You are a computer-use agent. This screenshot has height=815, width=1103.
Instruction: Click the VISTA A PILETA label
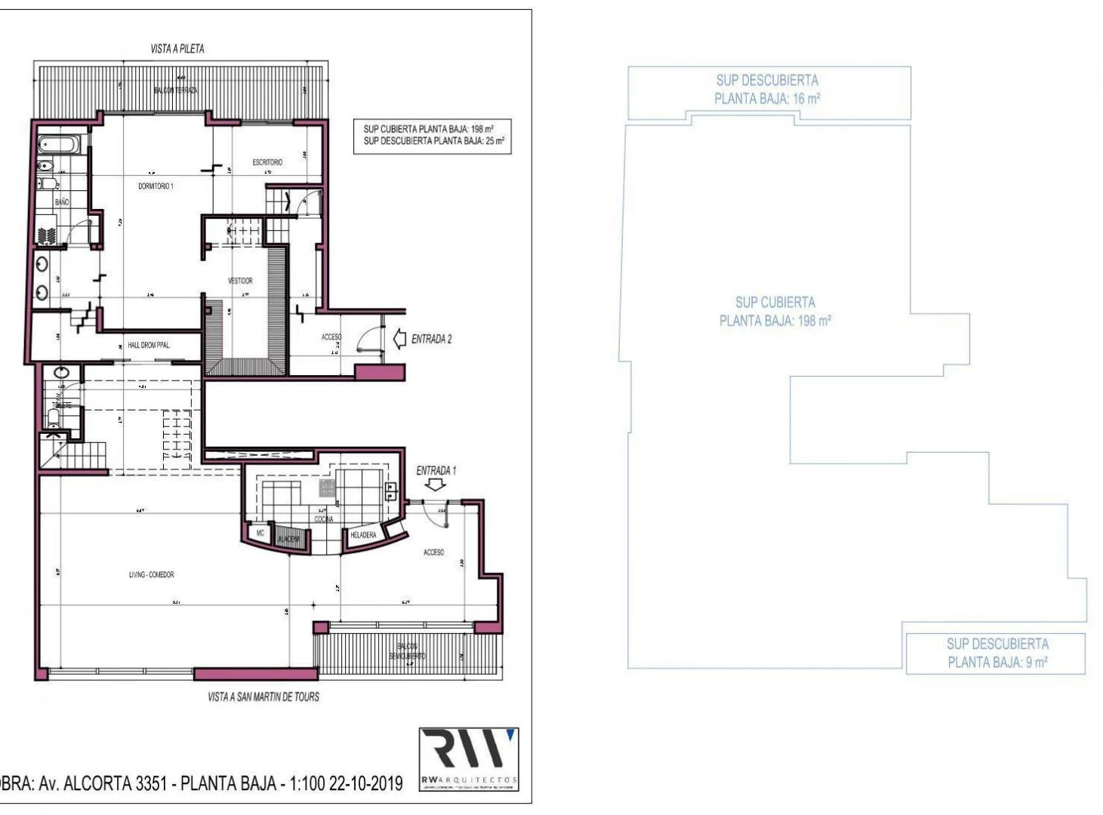(177, 48)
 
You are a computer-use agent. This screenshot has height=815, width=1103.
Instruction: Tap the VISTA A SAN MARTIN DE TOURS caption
(263, 697)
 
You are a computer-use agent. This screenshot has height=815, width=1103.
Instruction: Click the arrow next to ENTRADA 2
(400, 340)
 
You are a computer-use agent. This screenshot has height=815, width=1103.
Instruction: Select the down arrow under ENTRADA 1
(435, 486)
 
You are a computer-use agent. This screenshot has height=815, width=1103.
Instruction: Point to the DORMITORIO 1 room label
(156, 186)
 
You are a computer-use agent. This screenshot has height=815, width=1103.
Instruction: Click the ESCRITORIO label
(267, 162)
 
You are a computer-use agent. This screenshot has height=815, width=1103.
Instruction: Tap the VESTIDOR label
(240, 281)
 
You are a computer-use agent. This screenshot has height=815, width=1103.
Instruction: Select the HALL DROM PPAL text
(149, 345)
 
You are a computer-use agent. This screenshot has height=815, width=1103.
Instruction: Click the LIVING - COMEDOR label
(151, 575)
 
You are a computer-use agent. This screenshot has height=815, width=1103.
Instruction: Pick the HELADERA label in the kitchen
(363, 535)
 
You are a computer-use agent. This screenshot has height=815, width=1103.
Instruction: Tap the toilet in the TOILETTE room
(54, 417)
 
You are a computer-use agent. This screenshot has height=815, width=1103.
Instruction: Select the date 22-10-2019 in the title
(365, 783)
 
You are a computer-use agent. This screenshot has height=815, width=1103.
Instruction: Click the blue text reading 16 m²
(806, 99)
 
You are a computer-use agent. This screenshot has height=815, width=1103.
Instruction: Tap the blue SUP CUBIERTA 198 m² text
(775, 311)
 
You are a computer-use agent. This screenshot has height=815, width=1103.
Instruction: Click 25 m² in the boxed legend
(495, 141)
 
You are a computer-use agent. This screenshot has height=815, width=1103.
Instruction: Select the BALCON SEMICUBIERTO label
(407, 651)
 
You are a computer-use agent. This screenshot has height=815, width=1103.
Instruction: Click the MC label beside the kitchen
(260, 533)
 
